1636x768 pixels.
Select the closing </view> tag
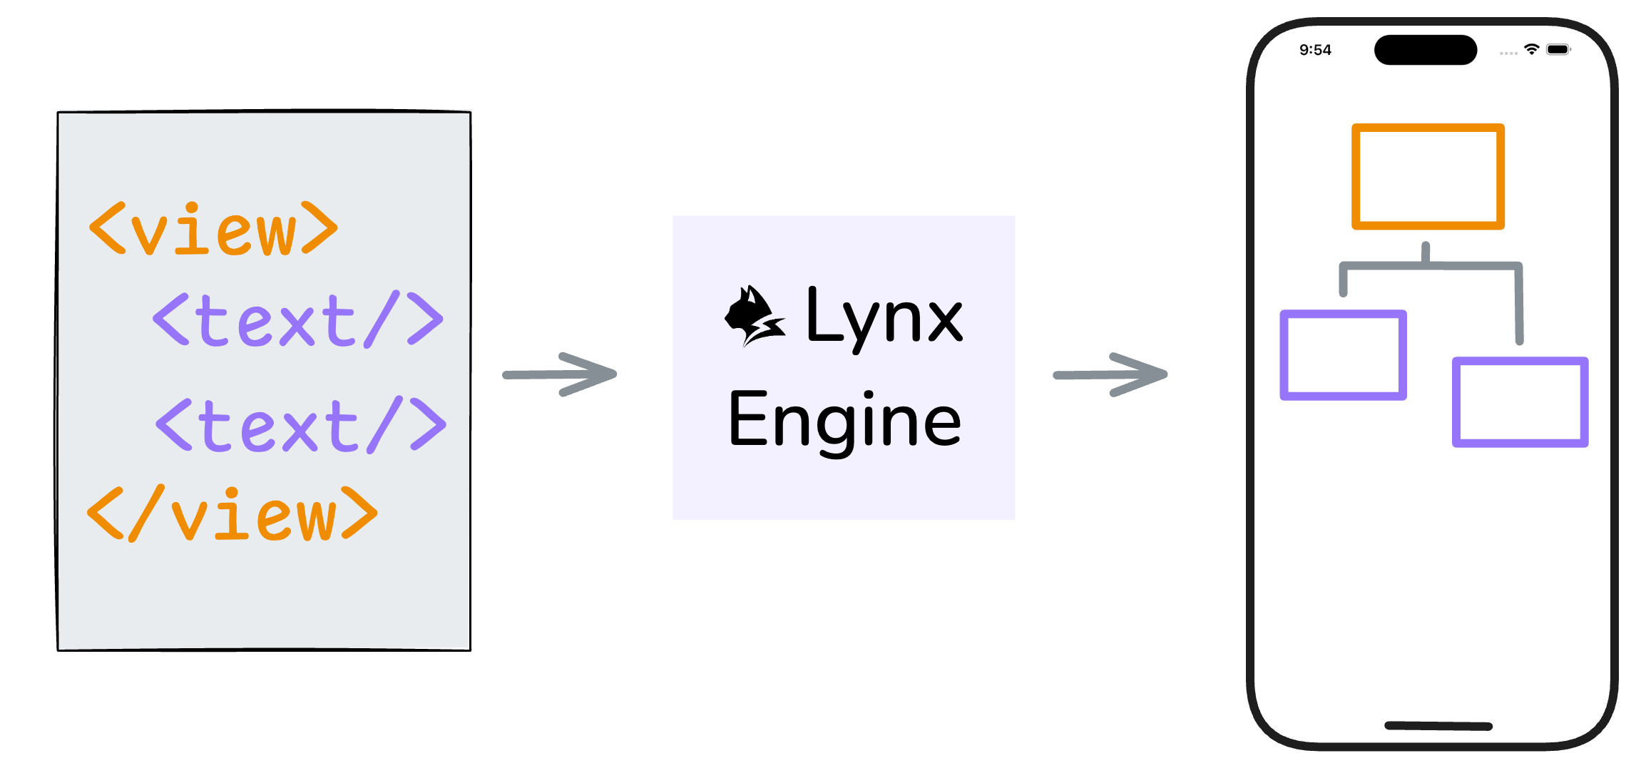(232, 513)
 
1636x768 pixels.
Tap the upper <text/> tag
(298, 319)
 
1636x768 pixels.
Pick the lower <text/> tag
(301, 425)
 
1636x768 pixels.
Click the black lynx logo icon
(755, 316)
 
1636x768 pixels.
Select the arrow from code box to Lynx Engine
(560, 374)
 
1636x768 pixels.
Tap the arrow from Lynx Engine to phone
(1110, 374)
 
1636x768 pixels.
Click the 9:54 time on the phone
(1315, 50)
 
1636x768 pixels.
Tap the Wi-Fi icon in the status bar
(1531, 49)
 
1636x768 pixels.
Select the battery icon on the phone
(1558, 49)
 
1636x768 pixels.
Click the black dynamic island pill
(1426, 50)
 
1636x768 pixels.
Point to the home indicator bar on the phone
(1438, 726)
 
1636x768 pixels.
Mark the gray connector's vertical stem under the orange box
(1426, 254)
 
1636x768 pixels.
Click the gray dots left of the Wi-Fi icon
(1508, 53)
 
